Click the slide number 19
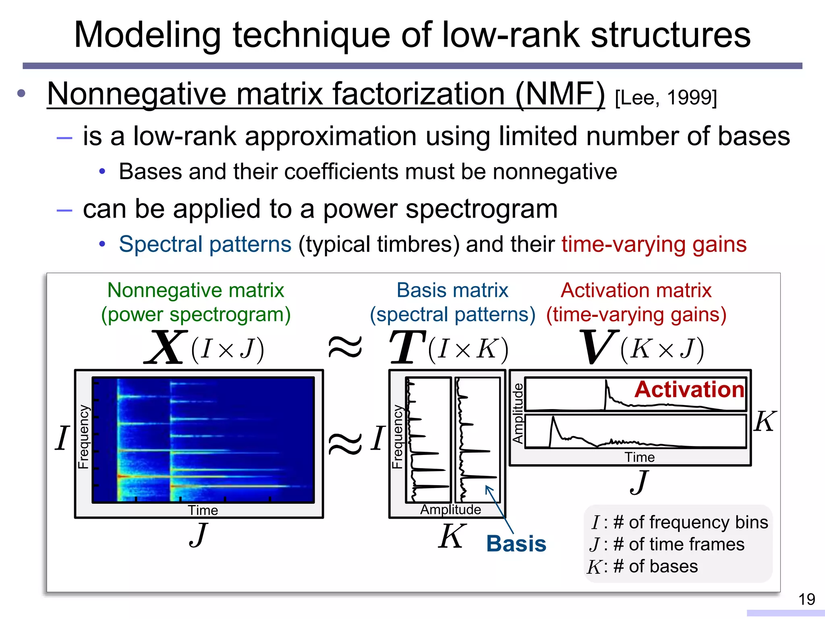[806, 599]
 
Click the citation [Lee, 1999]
[666, 98]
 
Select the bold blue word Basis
[516, 544]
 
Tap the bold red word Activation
[689, 389]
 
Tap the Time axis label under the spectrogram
[203, 510]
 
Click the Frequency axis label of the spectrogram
[83, 437]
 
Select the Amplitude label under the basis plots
[450, 509]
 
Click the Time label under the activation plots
[639, 457]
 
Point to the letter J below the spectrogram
[198, 534]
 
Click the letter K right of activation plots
[764, 422]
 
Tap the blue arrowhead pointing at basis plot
[488, 488]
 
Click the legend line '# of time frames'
[678, 544]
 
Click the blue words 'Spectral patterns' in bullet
[205, 244]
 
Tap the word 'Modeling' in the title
[147, 35]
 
